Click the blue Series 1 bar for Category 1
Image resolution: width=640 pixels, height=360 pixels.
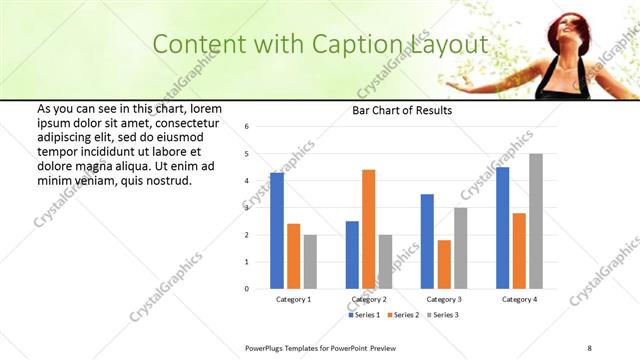276,231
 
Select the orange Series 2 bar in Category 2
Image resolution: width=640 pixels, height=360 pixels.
369,229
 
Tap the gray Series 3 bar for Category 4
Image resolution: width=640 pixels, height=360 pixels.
536,221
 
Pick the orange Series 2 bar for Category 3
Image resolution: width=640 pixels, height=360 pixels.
444,264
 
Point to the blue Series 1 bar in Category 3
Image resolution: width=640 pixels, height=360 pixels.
427,241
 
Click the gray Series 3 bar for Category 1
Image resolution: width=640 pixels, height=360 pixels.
310,262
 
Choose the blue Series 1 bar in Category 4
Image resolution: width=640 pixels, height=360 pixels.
502,228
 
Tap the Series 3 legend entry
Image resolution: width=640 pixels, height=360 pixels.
440,315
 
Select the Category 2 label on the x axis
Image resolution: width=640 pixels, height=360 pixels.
369,299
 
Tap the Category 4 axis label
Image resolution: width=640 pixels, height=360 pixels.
519,299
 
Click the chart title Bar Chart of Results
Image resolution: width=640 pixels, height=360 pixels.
402,110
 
